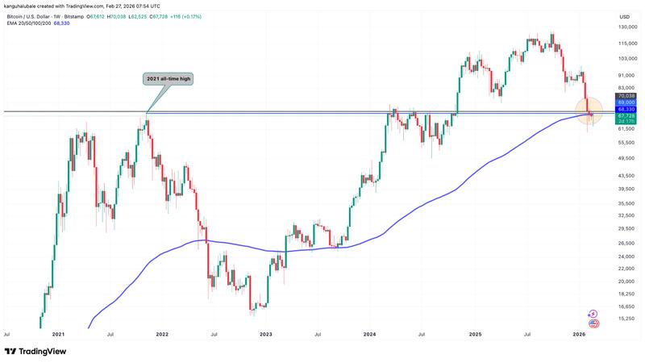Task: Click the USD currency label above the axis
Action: [x=624, y=16]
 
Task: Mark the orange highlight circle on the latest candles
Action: [x=589, y=112]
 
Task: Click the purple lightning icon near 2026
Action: [x=594, y=315]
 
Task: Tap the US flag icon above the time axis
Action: [x=594, y=323]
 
